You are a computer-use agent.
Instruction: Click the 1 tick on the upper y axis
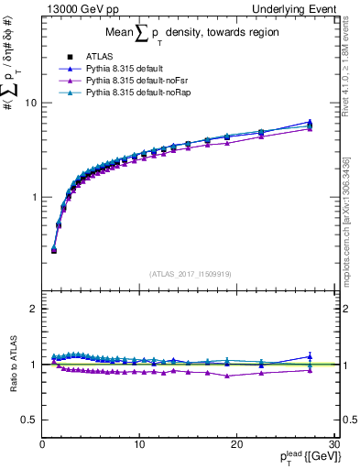click(x=34, y=197)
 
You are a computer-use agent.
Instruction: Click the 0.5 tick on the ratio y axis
click(x=30, y=420)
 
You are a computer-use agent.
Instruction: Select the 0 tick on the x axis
click(x=42, y=444)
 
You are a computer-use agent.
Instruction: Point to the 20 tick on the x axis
click(x=236, y=444)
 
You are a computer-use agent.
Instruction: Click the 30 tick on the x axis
click(x=333, y=444)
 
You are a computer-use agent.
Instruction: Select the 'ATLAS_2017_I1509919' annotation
click(x=189, y=272)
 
